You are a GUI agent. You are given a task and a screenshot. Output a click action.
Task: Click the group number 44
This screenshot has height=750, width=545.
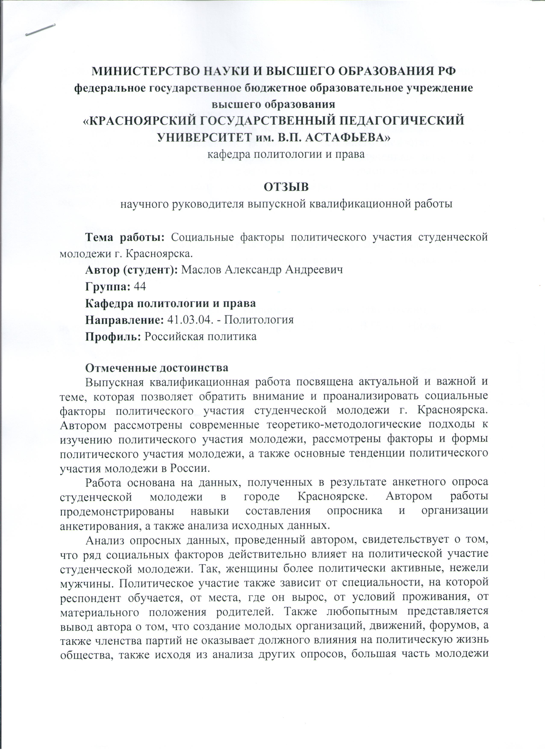click(x=140, y=286)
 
